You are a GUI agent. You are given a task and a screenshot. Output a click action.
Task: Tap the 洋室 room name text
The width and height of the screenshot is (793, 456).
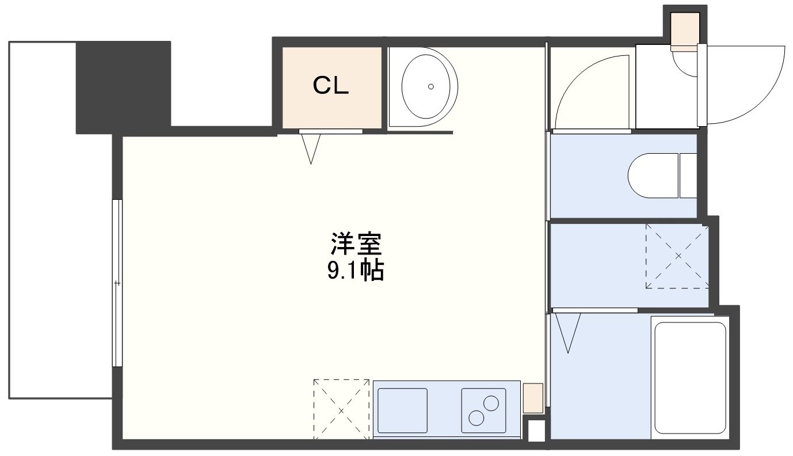pos(356,244)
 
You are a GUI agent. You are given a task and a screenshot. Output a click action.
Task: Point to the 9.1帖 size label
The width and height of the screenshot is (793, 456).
pos(356,271)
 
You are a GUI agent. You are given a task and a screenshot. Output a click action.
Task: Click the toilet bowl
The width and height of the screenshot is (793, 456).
pos(653,176)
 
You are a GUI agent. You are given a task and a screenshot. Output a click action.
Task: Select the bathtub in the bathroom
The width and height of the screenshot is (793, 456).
pos(690,378)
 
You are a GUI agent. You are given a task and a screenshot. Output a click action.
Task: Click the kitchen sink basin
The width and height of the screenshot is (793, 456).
pos(402,411)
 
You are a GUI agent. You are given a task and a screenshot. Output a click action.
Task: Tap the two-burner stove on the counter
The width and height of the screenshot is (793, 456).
pos(483,411)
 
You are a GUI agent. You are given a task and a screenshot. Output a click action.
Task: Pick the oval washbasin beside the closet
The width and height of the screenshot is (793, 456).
pos(426,86)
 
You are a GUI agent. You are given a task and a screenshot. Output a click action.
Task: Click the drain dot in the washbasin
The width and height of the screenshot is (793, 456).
pos(431,86)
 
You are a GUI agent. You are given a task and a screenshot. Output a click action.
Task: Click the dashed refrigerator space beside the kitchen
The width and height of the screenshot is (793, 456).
pos(341,409)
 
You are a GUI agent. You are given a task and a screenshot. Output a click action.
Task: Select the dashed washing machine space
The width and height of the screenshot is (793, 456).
pos(677,256)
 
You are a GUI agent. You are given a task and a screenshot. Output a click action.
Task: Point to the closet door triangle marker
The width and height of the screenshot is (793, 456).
pos(311,149)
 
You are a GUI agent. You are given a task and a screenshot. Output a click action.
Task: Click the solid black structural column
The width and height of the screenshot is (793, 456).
pos(124,87)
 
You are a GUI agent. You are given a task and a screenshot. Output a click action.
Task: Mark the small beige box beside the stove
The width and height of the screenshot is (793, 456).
pos(533,398)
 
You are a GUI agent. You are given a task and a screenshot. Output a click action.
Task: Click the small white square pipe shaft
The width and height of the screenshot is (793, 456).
pos(536,431)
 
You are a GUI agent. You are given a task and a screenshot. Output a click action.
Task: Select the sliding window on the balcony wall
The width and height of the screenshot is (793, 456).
pos(117,283)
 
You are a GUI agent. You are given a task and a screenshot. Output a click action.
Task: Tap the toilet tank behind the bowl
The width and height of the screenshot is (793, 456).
pos(688,176)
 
